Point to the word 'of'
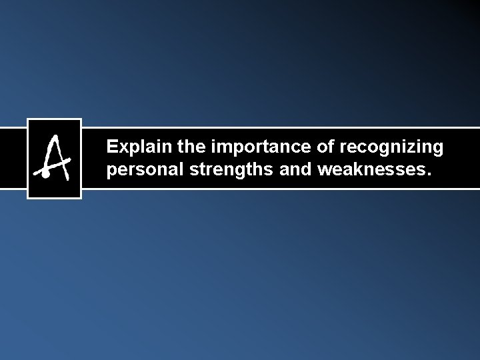pyautogui.click(x=327, y=145)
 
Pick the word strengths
pyautogui.click(x=229, y=170)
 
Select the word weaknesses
pyautogui.click(x=369, y=169)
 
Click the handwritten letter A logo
pyautogui.click(x=54, y=158)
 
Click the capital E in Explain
pyautogui.click(x=112, y=145)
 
